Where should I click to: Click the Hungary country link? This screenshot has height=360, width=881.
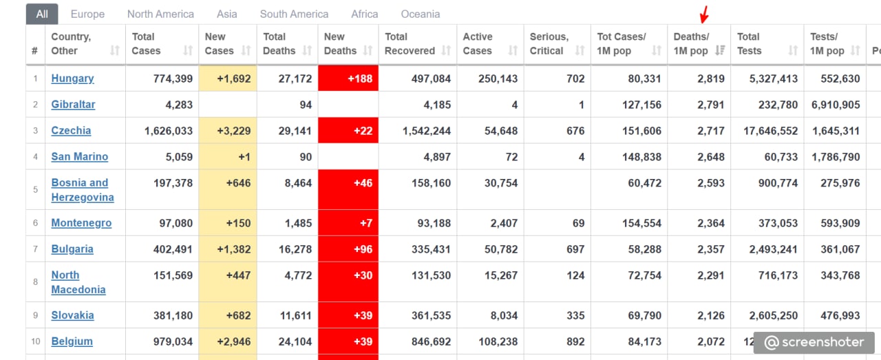pyautogui.click(x=72, y=78)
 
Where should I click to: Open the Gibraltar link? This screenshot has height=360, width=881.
pyautogui.click(x=73, y=104)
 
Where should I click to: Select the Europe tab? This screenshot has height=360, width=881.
pyautogui.click(x=87, y=14)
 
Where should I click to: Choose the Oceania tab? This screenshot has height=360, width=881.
pyautogui.click(x=421, y=14)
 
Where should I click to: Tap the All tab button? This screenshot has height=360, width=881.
pyautogui.click(x=42, y=14)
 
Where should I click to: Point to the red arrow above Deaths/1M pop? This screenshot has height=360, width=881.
pyautogui.click(x=704, y=14)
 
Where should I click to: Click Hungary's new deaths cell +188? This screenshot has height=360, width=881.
pyautogui.click(x=348, y=78)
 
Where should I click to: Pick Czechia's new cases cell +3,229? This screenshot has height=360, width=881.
pyautogui.click(x=228, y=130)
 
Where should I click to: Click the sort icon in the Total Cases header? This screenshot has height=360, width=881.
pyautogui.click(x=188, y=50)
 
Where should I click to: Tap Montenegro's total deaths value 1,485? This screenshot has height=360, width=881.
pyautogui.click(x=298, y=223)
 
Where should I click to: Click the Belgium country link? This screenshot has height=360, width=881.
pyautogui.click(x=72, y=341)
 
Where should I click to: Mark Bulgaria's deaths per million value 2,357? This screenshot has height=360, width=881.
pyautogui.click(x=711, y=249)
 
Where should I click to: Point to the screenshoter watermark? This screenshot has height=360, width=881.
pyautogui.click(x=814, y=342)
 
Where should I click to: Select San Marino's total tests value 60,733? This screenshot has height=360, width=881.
pyautogui.click(x=781, y=157)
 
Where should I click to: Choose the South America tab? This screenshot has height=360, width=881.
pyautogui.click(x=294, y=14)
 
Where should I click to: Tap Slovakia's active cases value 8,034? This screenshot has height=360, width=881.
pyautogui.click(x=504, y=315)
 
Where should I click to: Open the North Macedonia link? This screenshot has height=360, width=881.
pyautogui.click(x=78, y=282)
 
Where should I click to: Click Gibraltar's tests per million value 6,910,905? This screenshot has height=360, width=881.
pyautogui.click(x=836, y=105)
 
